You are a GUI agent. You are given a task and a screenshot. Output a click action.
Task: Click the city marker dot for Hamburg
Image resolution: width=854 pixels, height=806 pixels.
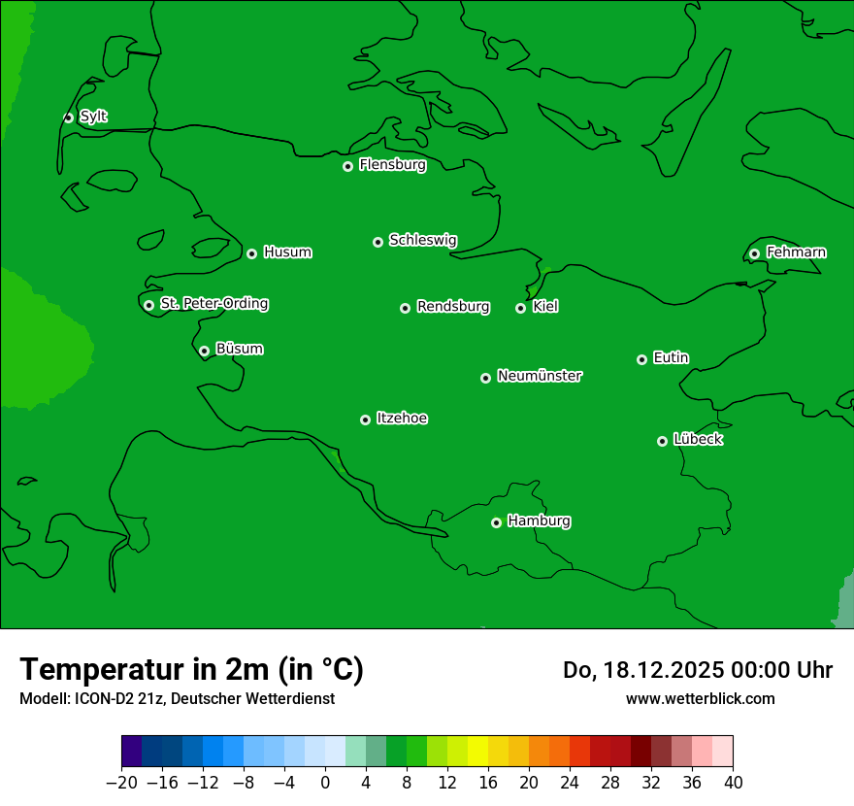[496, 522]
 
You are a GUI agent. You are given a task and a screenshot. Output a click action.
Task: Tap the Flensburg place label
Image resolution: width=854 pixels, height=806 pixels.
[392, 165]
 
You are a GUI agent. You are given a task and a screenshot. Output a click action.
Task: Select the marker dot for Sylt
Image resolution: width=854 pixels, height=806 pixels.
[68, 118]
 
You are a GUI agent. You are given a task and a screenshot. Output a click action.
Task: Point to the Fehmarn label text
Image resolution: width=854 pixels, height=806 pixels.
[796, 252]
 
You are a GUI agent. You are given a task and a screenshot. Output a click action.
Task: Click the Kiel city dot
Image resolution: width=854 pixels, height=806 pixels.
[520, 308]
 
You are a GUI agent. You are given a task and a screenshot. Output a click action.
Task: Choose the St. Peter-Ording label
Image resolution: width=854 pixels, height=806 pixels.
[213, 304]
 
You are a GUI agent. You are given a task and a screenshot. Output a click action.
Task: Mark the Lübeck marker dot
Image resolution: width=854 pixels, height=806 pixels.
[662, 441]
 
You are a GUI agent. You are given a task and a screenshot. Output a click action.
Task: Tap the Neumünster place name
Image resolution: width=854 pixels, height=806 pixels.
[540, 376]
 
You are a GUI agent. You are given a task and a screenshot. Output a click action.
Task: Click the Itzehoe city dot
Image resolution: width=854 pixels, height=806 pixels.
[365, 420]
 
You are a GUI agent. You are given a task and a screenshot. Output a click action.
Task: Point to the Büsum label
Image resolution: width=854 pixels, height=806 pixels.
[239, 349]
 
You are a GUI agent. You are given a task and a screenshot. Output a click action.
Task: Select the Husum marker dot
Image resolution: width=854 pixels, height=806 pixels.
[251, 253]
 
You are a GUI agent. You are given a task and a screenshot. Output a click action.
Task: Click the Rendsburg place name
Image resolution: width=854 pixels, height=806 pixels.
[453, 307]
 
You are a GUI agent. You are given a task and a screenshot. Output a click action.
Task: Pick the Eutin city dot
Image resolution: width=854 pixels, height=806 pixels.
[641, 359]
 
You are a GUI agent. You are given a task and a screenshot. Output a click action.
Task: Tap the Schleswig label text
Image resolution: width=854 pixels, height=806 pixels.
[423, 240]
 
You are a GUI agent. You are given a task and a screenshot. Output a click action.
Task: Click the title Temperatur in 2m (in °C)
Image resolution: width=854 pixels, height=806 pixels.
[191, 669]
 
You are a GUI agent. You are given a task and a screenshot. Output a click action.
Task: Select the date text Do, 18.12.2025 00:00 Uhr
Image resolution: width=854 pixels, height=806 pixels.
[698, 670]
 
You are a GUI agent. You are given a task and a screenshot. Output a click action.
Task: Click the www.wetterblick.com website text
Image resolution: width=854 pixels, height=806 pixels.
[700, 698]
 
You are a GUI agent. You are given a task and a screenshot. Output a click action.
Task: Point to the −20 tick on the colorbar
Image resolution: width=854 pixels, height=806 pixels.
[121, 782]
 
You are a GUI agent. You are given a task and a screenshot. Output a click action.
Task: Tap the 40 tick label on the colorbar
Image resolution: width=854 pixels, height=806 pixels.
[733, 782]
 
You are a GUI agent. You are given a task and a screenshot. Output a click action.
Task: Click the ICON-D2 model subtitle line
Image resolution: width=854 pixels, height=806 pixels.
[177, 698]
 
